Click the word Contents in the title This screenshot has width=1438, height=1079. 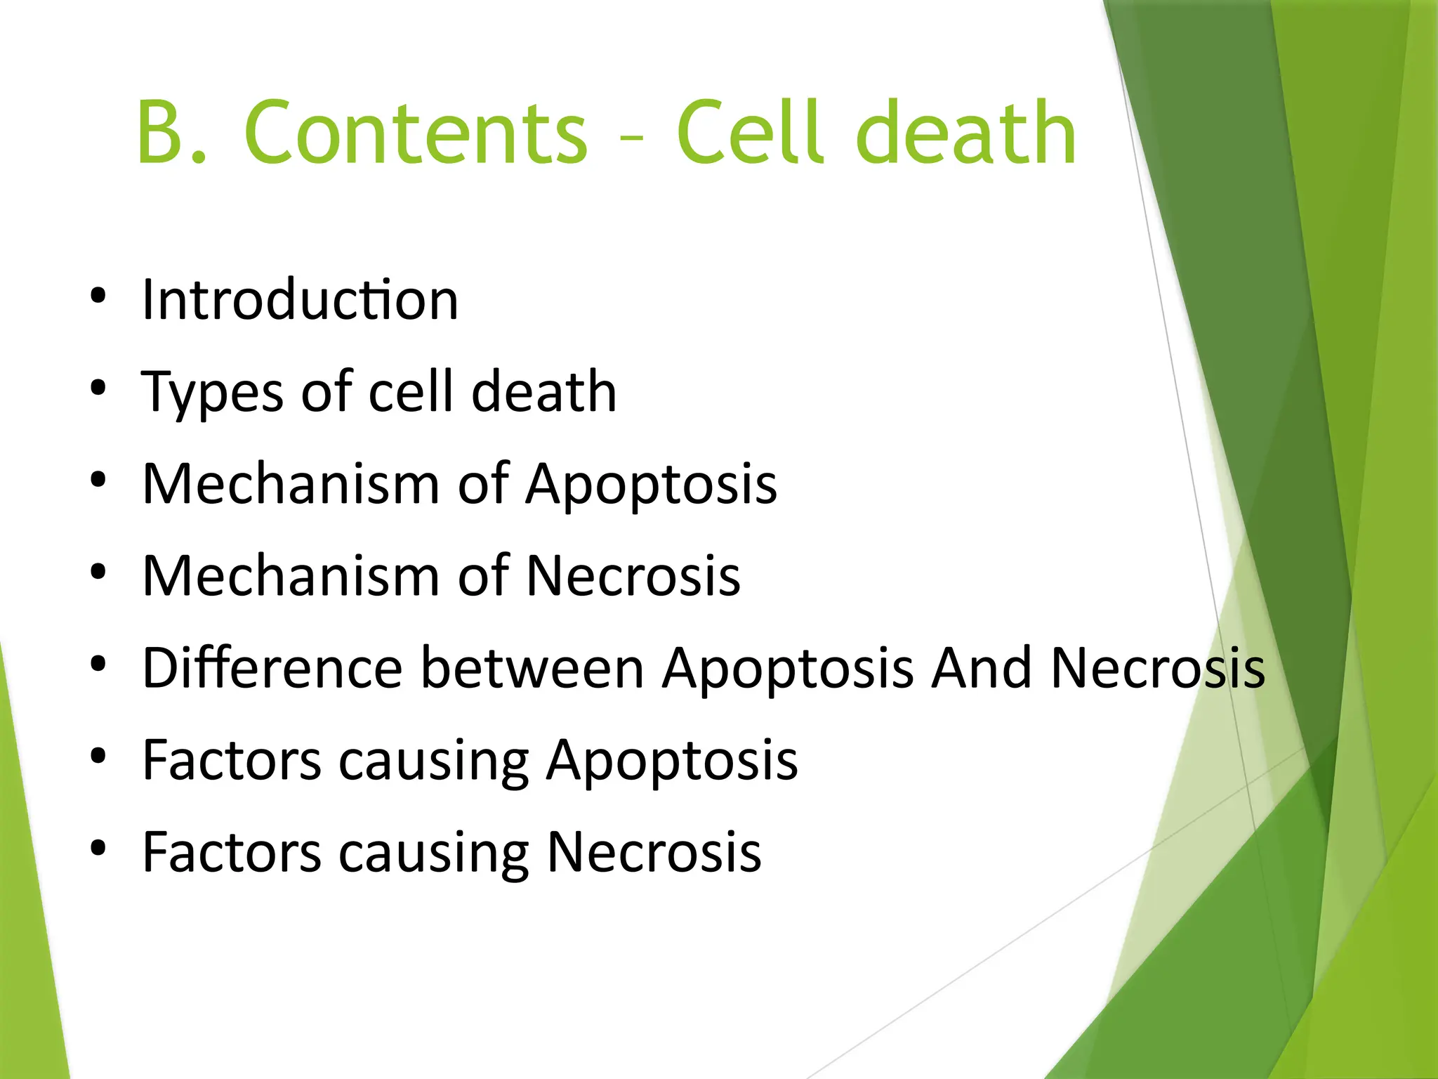coord(416,133)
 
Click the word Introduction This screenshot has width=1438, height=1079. coord(301,300)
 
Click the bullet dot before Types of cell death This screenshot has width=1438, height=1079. coord(98,387)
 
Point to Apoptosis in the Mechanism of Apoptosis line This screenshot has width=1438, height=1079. coord(652,485)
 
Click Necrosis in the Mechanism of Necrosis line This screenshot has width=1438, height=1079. coord(633,576)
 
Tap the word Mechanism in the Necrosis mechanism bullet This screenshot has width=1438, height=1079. coord(291,576)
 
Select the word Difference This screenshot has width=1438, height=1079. coord(272,668)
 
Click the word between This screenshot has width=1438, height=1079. coord(532,668)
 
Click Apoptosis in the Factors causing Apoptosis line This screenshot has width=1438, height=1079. coord(672,761)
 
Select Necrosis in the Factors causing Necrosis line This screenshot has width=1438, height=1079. coord(654,852)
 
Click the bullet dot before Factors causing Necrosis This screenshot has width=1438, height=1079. coord(98,848)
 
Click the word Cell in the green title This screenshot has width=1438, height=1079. coord(749,133)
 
